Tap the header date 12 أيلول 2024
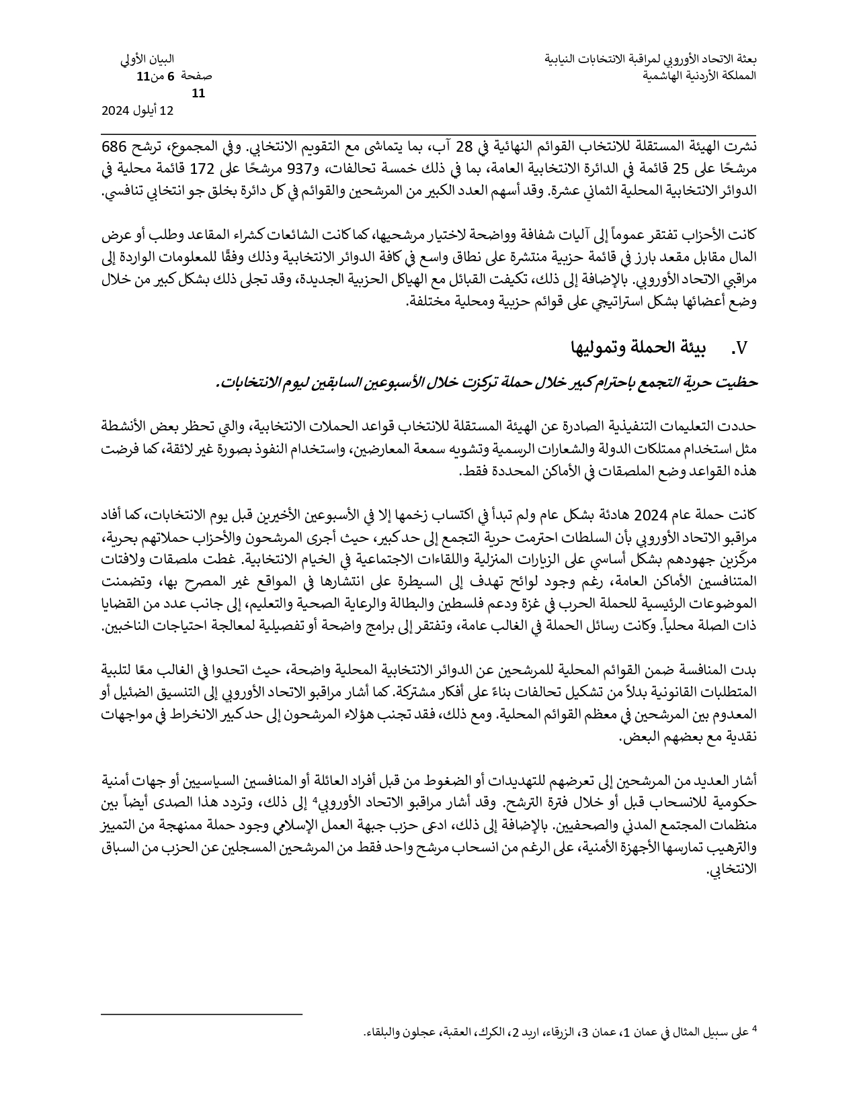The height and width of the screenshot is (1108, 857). click(138, 111)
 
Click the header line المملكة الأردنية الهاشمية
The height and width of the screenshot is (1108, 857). click(699, 76)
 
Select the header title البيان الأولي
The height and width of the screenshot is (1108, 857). click(149, 60)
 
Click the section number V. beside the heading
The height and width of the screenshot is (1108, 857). click(739, 348)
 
